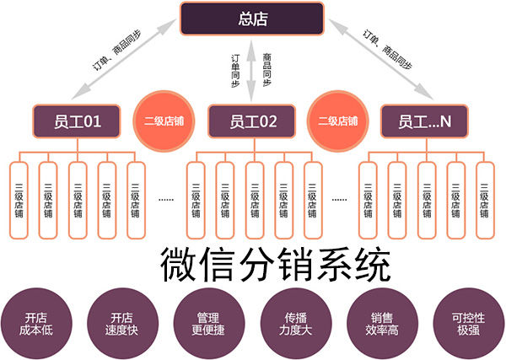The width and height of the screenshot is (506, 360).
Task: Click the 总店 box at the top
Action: point(251,19)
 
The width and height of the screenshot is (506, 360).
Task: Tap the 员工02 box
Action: point(252,121)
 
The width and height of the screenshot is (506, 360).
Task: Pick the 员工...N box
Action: point(423,121)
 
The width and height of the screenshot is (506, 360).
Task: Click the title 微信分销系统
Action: point(276,265)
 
